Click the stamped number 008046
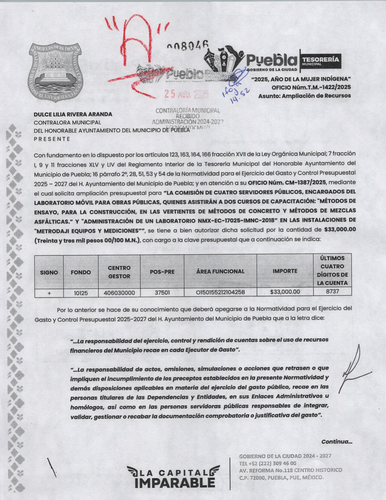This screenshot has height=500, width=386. pyautogui.click(x=188, y=47)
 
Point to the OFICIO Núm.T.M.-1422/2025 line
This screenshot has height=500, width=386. pyautogui.click(x=311, y=87)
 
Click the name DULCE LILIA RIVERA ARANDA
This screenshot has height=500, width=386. pyautogui.click(x=73, y=114)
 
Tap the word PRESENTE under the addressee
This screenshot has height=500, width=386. pyautogui.click(x=52, y=139)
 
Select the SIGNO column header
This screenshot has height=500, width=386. pyautogui.click(x=49, y=272)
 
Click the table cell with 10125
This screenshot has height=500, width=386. pyautogui.click(x=81, y=293)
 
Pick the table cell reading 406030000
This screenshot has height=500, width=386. pyautogui.click(x=119, y=293)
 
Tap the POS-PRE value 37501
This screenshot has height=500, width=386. pyautogui.click(x=162, y=293)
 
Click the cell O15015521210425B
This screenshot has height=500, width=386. pyautogui.click(x=220, y=293)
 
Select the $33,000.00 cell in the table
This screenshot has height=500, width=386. pyautogui.click(x=285, y=292)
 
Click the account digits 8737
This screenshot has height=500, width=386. pyautogui.click(x=332, y=292)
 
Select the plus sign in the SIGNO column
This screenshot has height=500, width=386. pyautogui.click(x=49, y=293)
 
